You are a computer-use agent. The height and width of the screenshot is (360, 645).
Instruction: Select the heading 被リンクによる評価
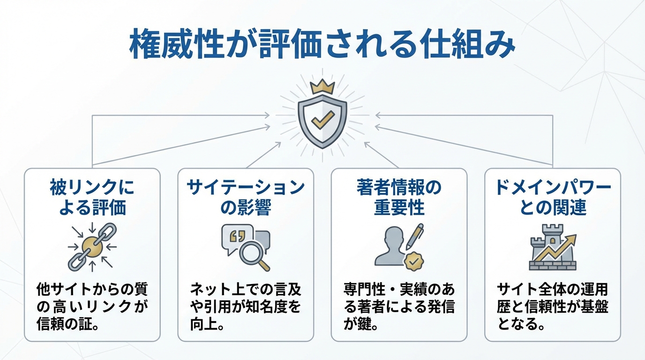[92, 197]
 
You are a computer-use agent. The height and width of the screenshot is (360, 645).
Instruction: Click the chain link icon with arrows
[92, 247]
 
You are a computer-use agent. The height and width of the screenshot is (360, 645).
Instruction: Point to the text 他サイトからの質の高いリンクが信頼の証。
[92, 306]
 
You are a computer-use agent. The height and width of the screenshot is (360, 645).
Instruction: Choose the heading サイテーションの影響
[246, 197]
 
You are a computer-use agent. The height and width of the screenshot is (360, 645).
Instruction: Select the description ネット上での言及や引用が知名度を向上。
[246, 306]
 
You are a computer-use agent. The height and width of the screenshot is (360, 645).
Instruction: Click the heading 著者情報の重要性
[399, 197]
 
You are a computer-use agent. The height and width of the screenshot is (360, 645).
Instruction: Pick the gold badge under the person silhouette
[413, 262]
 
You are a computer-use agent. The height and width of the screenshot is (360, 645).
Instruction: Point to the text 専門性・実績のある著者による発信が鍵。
[399, 306]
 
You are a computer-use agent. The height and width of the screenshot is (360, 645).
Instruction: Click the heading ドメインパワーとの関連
[553, 197]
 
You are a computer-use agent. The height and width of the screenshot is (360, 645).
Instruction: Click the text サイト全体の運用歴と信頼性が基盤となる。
[553, 306]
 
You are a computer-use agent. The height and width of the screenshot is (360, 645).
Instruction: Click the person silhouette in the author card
[391, 246]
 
